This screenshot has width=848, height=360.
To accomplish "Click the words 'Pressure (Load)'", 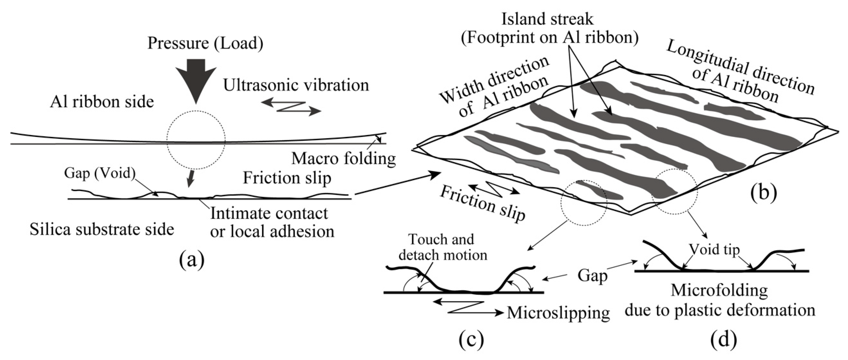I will (205, 43).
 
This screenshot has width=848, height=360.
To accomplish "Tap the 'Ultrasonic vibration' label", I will (296, 85).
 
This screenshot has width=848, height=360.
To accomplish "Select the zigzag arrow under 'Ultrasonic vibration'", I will (291, 107).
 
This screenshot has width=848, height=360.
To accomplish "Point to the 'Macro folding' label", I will (343, 159).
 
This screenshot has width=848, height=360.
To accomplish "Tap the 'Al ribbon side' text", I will (102, 102).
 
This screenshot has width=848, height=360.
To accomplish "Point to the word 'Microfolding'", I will (719, 290).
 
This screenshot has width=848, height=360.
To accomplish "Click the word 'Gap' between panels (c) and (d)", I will (592, 275).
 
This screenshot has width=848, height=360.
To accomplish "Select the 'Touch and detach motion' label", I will (442, 247).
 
